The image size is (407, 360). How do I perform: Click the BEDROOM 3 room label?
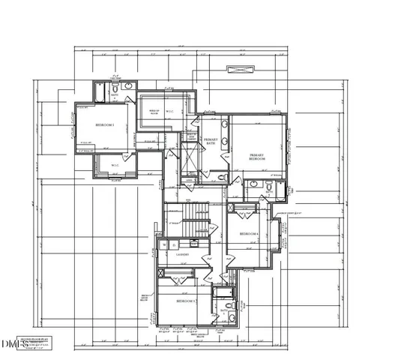[104, 126]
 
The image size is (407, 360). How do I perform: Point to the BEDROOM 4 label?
[249, 234]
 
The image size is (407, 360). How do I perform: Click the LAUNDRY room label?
[181, 255]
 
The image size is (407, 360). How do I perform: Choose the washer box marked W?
[165, 244]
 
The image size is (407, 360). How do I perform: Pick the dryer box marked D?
[174, 244]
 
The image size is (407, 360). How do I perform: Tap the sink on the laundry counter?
[193, 244]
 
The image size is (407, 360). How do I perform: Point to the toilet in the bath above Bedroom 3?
[128, 87]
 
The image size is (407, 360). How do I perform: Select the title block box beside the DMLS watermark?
[37, 341]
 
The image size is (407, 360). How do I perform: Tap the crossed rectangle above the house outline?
[240, 70]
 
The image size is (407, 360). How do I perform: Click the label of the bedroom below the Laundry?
[185, 301]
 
